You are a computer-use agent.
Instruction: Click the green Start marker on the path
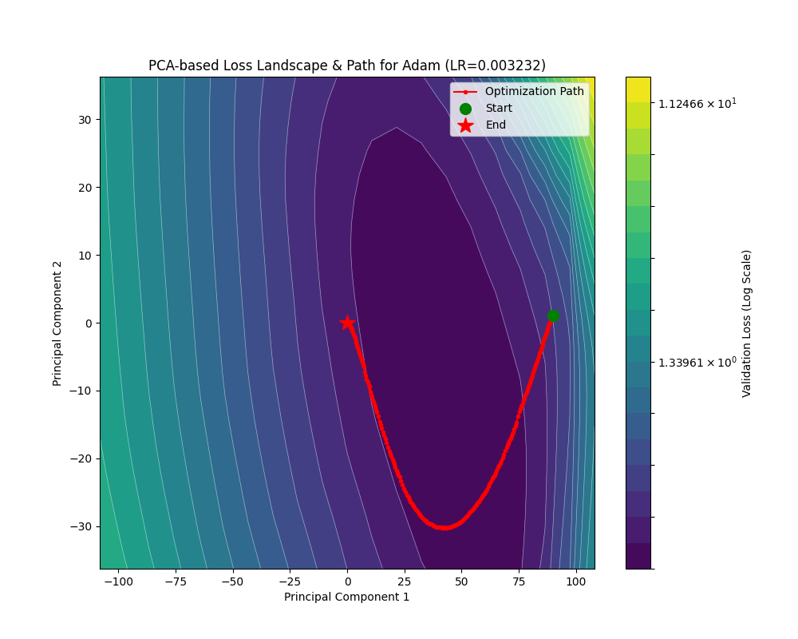pos(553,316)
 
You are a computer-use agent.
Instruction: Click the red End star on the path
pos(347,323)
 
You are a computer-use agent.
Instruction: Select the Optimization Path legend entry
pos(534,92)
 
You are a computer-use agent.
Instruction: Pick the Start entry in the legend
pos(498,109)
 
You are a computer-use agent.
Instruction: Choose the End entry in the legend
pos(495,125)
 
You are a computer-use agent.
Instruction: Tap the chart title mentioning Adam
pos(347,65)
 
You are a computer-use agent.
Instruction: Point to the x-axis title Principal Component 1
pos(347,597)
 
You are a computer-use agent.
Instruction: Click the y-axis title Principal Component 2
pos(57,323)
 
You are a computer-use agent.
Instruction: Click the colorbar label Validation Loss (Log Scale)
pos(747,323)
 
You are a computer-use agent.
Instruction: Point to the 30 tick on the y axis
pos(84,120)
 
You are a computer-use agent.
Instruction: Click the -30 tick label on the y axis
pos(81,526)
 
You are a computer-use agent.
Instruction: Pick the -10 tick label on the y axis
pos(81,391)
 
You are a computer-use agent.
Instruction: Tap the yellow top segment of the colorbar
pos(638,89)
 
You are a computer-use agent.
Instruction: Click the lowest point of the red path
pos(441,528)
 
